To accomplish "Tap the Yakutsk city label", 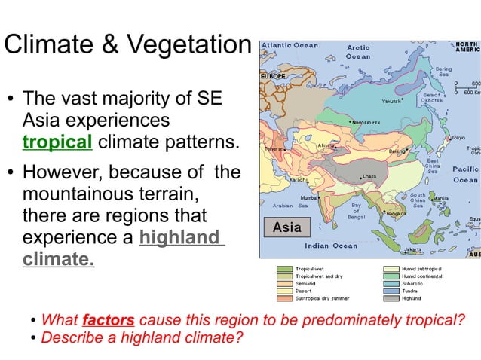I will click(391, 100).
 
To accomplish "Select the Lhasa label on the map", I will click(369, 176).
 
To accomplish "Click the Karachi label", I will click(299, 180).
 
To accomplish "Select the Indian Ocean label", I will click(331, 246).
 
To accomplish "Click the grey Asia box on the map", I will click(286, 227).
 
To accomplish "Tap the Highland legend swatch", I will click(392, 298).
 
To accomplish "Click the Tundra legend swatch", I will click(392, 291).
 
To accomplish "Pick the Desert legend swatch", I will click(285, 291).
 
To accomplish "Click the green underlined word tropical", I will click(57, 141).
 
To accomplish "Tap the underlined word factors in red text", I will click(109, 319).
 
